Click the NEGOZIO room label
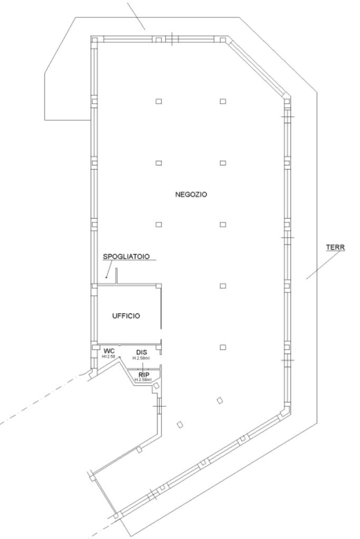point(191,194)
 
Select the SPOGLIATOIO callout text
point(126,256)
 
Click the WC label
point(109,351)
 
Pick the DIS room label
point(141,352)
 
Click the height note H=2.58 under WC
point(109,357)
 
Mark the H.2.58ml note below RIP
point(143,380)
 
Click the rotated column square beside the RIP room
point(155,386)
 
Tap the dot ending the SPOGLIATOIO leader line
point(106,277)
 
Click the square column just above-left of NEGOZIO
point(158,162)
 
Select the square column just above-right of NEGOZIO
point(223,162)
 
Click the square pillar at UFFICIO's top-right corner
point(158,286)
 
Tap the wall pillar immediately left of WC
point(94,348)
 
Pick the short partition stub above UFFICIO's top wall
point(116,277)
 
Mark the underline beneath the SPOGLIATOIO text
point(126,260)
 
